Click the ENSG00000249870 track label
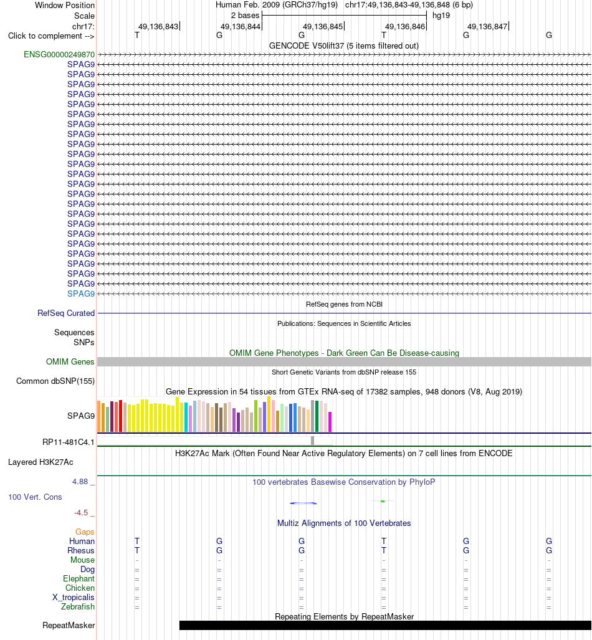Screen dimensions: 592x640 [x=59, y=55]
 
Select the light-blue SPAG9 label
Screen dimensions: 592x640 [x=81, y=294]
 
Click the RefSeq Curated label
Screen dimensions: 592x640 [x=66, y=313]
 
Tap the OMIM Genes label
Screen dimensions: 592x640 [x=70, y=361]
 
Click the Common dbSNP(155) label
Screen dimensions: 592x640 [x=55, y=381]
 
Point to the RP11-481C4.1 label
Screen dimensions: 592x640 [x=69, y=442]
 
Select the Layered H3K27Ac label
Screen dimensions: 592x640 [x=41, y=462]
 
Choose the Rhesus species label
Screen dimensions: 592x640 [x=81, y=551]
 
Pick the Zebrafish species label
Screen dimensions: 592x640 [x=78, y=607]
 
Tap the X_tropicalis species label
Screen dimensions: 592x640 [x=74, y=598]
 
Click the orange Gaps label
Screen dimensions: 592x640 [x=85, y=532]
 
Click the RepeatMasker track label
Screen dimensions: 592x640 [x=69, y=625]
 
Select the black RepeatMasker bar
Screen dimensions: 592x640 [x=385, y=625]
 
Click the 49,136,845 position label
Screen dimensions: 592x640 [x=323, y=27]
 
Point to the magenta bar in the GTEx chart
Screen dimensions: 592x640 [x=330, y=422]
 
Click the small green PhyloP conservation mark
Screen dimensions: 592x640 [x=383, y=501]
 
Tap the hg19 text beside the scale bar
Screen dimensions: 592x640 [x=441, y=16]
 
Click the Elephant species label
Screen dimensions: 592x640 [x=79, y=579]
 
